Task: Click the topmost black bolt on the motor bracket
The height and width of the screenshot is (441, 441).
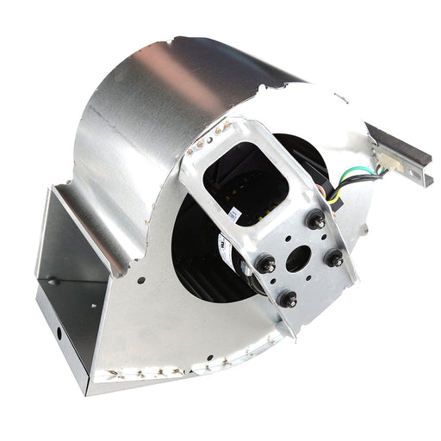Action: [315, 220]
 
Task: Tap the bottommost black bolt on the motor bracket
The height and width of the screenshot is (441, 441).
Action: [287, 299]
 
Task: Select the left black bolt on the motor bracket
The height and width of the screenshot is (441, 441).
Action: [266, 264]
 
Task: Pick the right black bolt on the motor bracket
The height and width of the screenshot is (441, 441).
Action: [333, 257]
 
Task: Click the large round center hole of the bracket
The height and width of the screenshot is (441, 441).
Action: [299, 258]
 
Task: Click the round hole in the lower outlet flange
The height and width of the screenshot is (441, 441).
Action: [59, 330]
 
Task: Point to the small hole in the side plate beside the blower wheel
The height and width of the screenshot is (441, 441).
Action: [140, 279]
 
